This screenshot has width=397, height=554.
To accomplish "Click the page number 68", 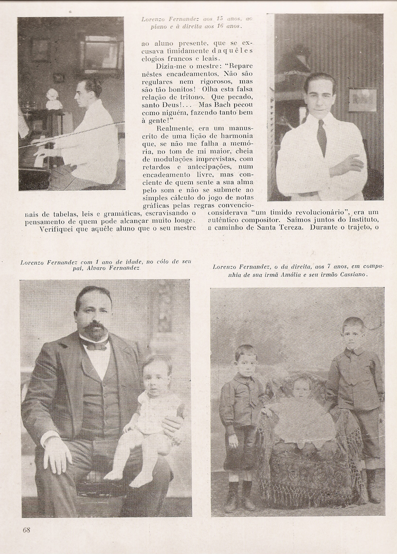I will pyautogui.click(x=26, y=530).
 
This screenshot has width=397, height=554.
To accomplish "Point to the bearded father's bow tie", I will pyautogui.click(x=95, y=344).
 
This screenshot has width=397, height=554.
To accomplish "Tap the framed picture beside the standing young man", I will pyautogui.click(x=362, y=100).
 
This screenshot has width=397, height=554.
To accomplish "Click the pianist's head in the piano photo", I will pyautogui.click(x=90, y=89).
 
